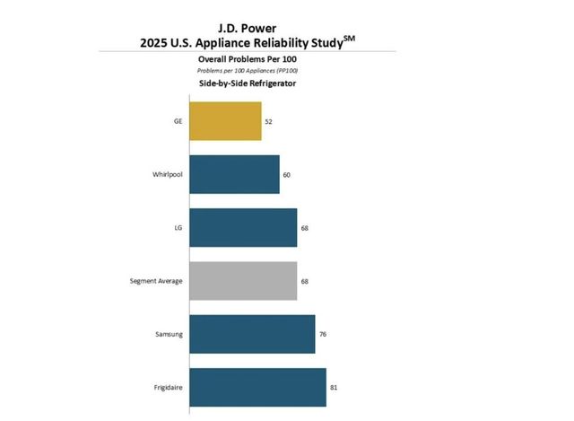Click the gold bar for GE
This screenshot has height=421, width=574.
(225, 121)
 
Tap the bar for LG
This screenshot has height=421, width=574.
(243, 228)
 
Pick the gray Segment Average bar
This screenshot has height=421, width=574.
(243, 281)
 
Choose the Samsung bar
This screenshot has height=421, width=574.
(252, 334)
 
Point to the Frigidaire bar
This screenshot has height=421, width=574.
(257, 387)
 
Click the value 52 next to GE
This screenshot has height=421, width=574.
(269, 121)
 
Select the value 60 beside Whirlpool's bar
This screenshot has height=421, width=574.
(287, 174)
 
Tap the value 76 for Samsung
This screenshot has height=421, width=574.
(323, 334)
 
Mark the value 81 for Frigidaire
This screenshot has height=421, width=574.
(334, 387)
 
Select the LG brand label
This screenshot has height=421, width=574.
(178, 228)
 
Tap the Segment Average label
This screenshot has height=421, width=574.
(156, 281)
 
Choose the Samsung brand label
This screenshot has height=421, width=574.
(169, 334)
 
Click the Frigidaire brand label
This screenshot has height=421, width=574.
(168, 387)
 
